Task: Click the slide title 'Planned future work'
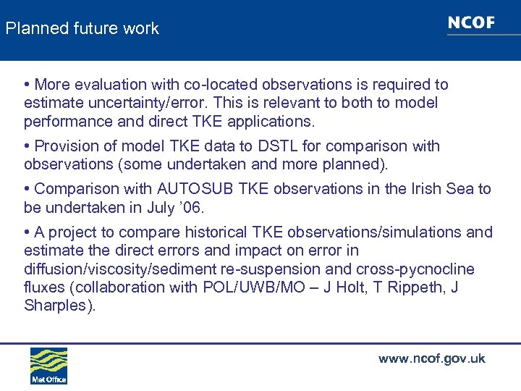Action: point(82,29)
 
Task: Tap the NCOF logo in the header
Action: point(471,23)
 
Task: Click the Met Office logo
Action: point(48,366)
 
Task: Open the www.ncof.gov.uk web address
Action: point(431,359)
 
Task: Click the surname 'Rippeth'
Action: point(423,287)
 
